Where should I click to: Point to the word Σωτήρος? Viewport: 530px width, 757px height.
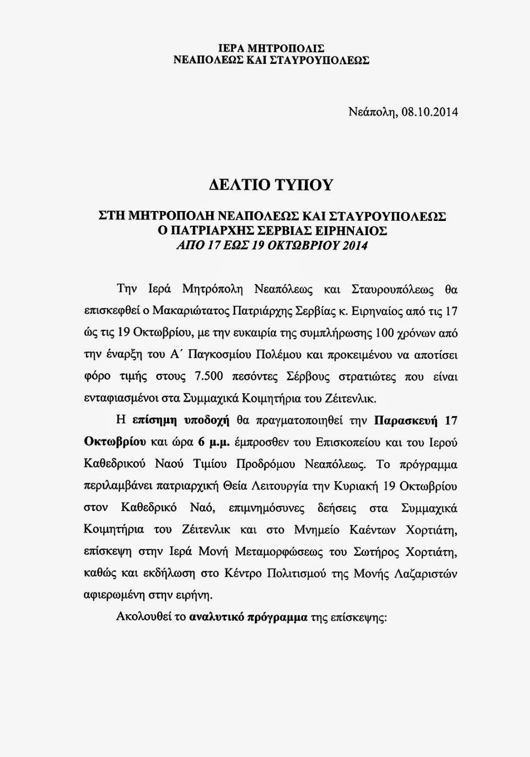[375, 552]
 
